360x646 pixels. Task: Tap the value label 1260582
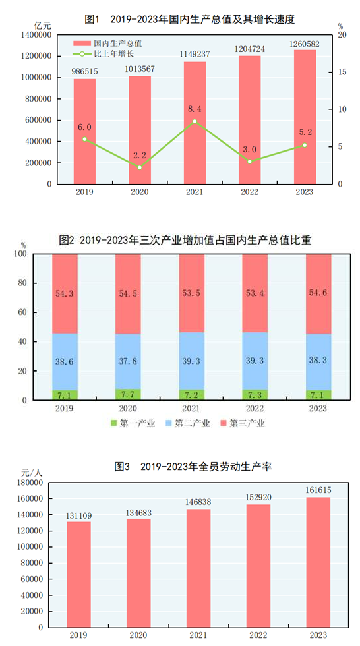point(305,44)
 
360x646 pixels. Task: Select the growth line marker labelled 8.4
point(195,121)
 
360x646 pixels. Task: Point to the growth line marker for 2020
point(140,167)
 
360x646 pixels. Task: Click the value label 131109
point(78,515)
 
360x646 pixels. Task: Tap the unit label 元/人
point(32,473)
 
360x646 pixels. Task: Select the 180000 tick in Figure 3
point(31,483)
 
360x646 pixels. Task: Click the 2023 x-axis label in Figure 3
point(318,634)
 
